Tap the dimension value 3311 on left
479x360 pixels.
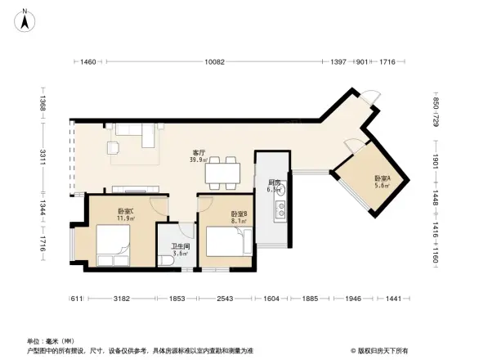point(43,155)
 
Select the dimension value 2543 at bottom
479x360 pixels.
point(226,299)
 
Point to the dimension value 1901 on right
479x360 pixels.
point(436,160)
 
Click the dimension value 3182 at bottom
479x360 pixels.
point(123,299)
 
